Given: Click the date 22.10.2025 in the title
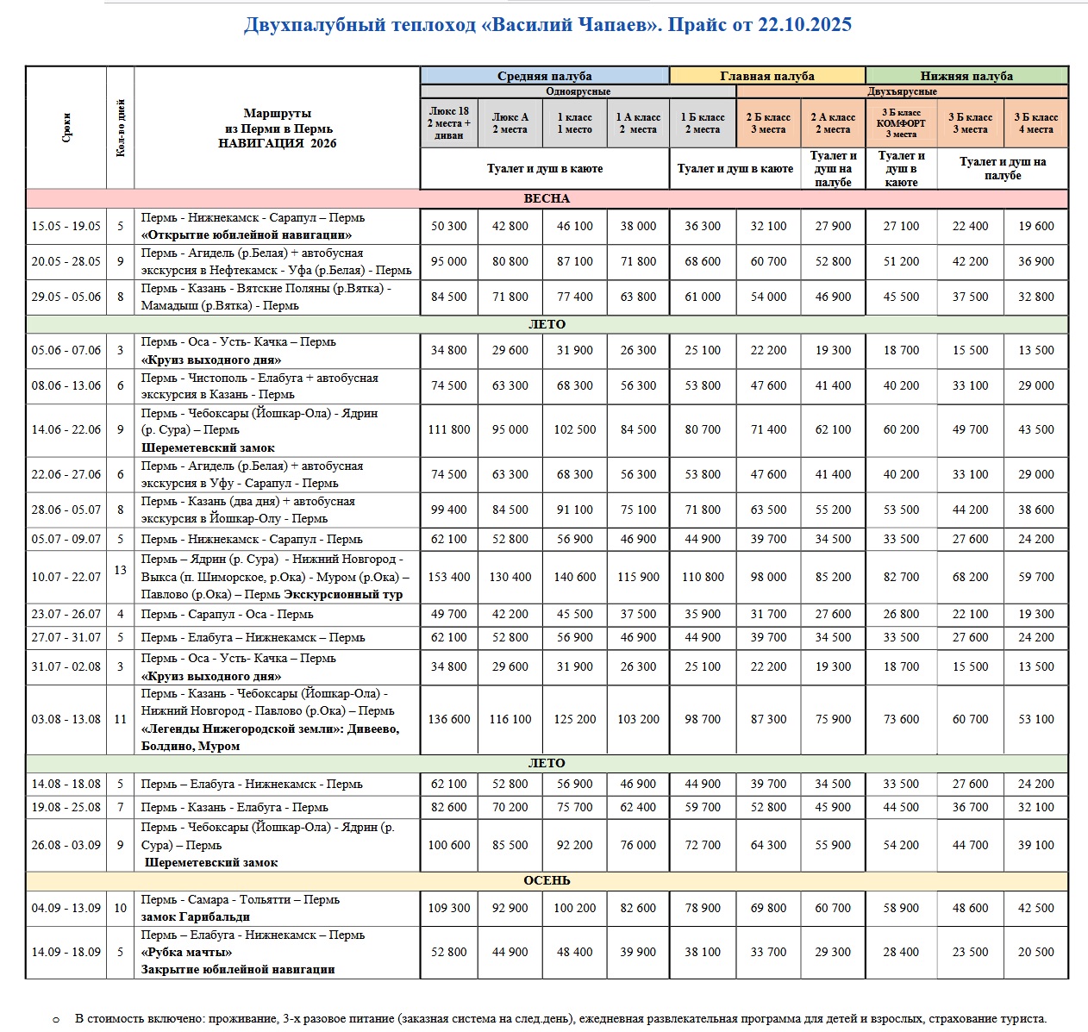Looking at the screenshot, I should pyautogui.click(x=804, y=25).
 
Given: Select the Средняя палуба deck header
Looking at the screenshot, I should pyautogui.click(x=544, y=76).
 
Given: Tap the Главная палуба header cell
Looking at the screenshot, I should pyautogui.click(x=766, y=76).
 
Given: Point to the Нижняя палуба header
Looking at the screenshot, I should pyautogui.click(x=966, y=76).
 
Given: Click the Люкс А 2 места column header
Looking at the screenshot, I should pyautogui.click(x=510, y=123).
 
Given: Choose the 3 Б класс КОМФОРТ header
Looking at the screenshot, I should pyautogui.click(x=901, y=123).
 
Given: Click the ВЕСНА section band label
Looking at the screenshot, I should pyautogui.click(x=547, y=199).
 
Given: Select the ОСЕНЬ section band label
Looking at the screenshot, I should pyautogui.click(x=547, y=881).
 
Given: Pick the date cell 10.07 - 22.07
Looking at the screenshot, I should pyautogui.click(x=66, y=577).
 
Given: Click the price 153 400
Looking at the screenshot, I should pyautogui.click(x=449, y=577).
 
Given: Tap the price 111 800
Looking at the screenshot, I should pyautogui.click(x=449, y=429).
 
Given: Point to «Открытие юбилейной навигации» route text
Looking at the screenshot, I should pyautogui.click(x=247, y=235).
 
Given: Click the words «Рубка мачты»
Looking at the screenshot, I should pyautogui.click(x=187, y=952).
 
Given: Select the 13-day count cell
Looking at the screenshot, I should pyautogui.click(x=121, y=570).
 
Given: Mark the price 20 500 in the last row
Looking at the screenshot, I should pyautogui.click(x=1035, y=952).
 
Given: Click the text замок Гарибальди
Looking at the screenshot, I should pyautogui.click(x=184, y=916).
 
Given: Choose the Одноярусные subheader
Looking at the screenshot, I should pyautogui.click(x=578, y=91).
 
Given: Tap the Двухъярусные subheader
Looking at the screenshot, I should pyautogui.click(x=902, y=91).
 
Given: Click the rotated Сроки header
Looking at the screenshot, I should pyautogui.click(x=66, y=128).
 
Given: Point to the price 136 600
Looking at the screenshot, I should pyautogui.click(x=449, y=719).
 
